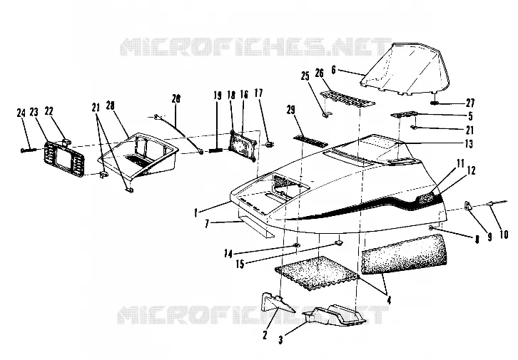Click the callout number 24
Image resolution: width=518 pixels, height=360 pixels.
[x=21, y=113]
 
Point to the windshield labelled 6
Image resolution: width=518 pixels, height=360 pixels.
[x=405, y=69]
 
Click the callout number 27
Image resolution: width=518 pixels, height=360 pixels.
[x=470, y=103]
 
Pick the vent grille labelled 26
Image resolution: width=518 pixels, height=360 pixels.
[x=347, y=99]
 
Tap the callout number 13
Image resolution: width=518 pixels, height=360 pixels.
[x=469, y=143]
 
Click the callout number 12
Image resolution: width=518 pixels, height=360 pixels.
[x=471, y=170]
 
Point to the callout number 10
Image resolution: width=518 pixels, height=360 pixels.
[x=503, y=235]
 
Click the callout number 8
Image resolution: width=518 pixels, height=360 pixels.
[x=477, y=240]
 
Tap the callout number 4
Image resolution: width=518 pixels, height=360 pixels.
[x=389, y=300]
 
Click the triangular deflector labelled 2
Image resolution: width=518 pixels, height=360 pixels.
[x=278, y=302]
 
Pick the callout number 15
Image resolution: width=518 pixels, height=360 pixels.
[x=240, y=264]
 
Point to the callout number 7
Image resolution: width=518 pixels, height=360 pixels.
[x=207, y=224]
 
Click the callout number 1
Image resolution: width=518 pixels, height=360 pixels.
[x=196, y=213]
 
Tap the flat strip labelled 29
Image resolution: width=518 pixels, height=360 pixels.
[x=310, y=140]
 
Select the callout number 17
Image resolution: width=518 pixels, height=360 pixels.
[x=258, y=93]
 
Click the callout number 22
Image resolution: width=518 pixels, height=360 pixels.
[x=49, y=111]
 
